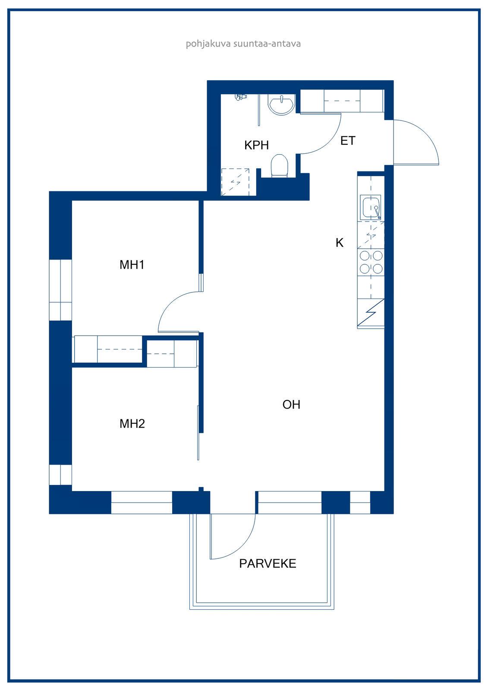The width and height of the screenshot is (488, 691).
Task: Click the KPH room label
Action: pos(256,145)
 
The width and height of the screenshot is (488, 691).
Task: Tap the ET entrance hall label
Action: pos(348,141)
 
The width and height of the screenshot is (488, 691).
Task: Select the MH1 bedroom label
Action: pos(132,265)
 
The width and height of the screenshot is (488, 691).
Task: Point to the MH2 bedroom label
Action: pos(132,424)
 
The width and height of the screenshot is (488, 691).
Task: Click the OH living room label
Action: pos(291,404)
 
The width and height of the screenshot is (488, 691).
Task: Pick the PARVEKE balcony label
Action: pos(268,564)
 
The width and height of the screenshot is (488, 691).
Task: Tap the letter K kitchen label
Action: pos(340,243)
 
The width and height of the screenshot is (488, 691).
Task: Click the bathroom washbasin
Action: pos(281,105)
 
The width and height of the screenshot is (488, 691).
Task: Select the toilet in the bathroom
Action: pos(279,166)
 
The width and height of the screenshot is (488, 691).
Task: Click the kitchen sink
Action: pos(371,207)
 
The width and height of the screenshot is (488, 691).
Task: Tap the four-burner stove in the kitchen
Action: pos(371,263)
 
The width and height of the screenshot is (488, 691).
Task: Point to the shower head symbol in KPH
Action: pos(241,97)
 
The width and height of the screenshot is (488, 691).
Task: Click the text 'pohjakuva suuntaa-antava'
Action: pos(243,44)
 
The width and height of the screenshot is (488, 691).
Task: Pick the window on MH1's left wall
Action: pos(60,290)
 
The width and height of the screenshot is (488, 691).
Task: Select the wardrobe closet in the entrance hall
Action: pos(342,101)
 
